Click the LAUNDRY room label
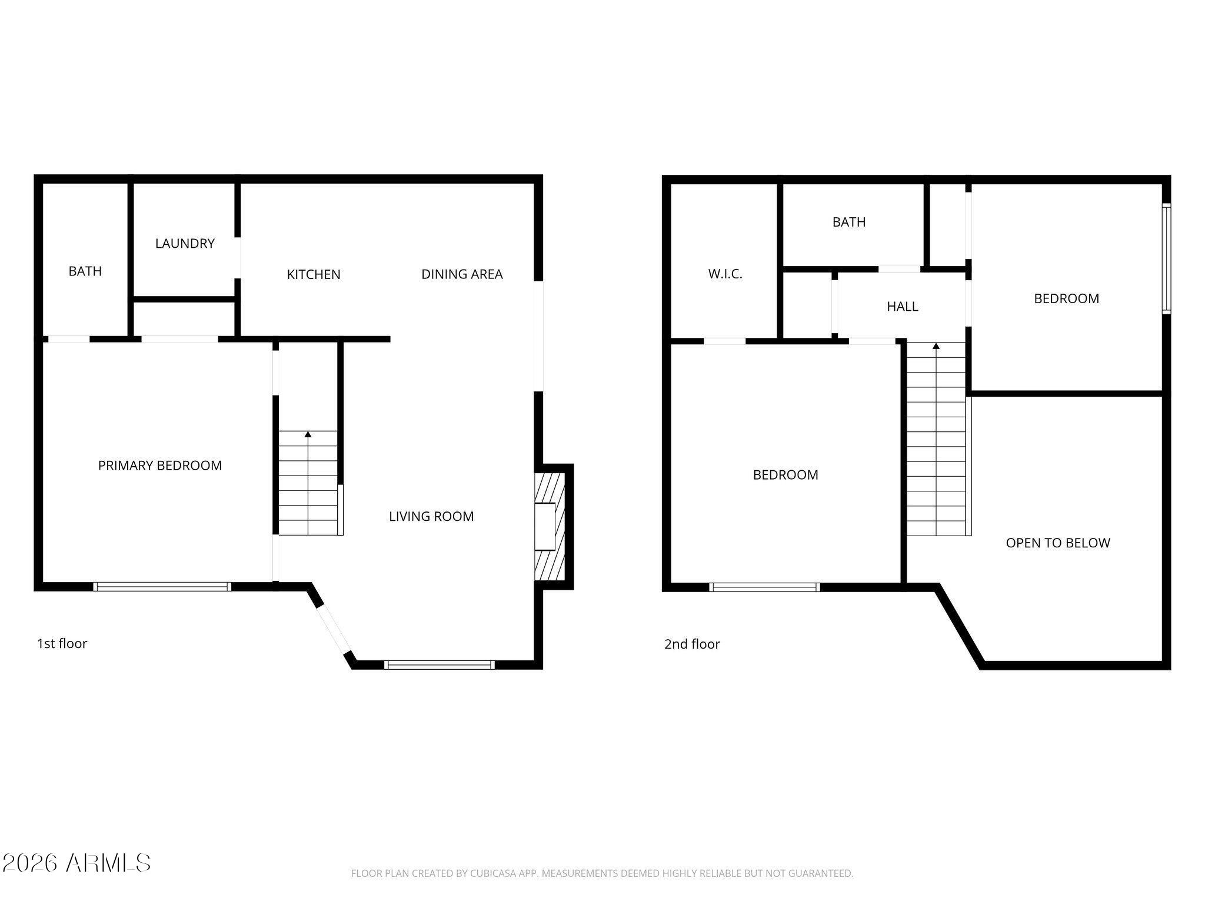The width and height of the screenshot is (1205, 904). [x=185, y=243]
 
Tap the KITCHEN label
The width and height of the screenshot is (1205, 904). [x=314, y=274]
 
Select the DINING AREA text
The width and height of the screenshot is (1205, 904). [x=462, y=274]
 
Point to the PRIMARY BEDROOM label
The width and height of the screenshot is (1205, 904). [x=160, y=466]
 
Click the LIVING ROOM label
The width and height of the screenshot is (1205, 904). [x=431, y=516]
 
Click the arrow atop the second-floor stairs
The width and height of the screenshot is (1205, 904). [x=936, y=346]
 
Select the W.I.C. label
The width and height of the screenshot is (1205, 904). [x=725, y=274]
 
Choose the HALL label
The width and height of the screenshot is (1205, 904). [x=903, y=306]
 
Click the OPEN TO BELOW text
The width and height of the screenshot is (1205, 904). [x=1058, y=543]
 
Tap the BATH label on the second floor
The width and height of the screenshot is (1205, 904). [x=849, y=222]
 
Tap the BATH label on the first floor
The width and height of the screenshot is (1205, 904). [x=85, y=271]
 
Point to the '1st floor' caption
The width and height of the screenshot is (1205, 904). [x=62, y=643]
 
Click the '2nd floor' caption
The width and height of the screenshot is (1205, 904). [x=692, y=644]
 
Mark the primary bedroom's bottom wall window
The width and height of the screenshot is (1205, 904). [x=162, y=586]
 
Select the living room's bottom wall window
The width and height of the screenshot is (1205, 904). [x=439, y=665]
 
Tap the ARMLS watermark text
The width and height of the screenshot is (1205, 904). [x=76, y=863]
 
